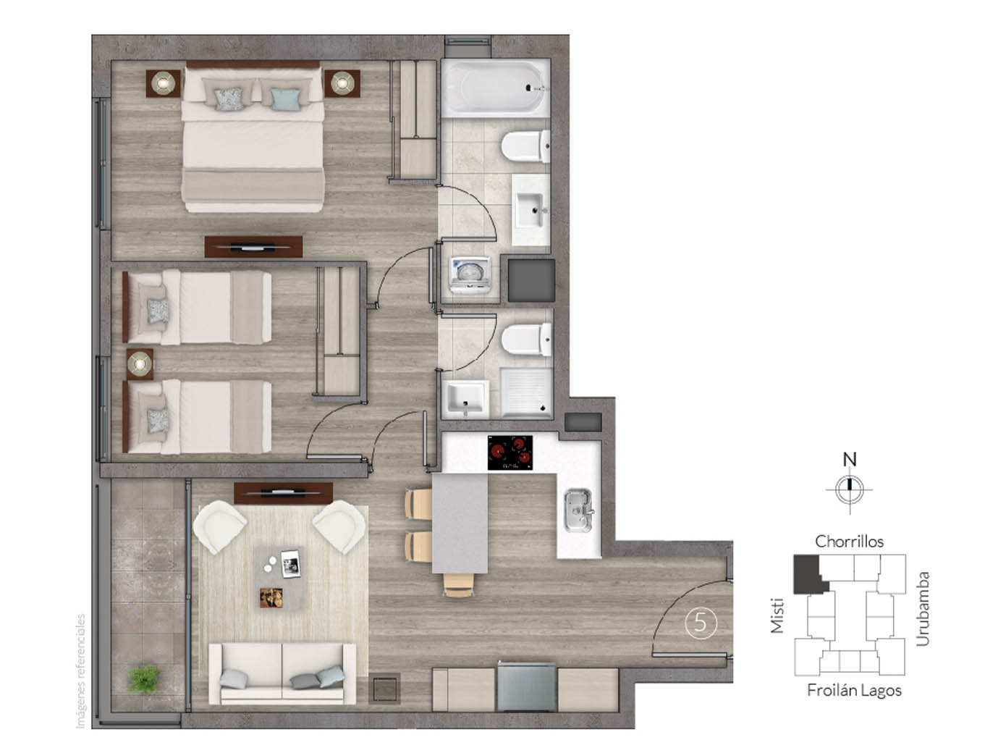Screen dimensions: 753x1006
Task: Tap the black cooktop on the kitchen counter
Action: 510,453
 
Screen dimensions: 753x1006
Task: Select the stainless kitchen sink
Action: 578,509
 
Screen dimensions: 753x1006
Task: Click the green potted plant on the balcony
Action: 145,678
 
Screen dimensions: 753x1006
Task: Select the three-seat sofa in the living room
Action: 282,674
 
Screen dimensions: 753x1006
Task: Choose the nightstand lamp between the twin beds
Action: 140,363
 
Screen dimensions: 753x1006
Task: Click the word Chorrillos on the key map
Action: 849,542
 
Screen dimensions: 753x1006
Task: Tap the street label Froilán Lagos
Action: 854,691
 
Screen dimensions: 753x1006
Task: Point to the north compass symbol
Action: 850,489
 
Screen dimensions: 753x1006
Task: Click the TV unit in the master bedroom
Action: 253,247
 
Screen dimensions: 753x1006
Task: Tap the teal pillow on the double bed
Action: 284,98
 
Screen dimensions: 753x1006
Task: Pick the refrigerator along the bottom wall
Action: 526,688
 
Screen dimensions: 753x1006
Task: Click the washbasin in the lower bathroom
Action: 465,398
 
